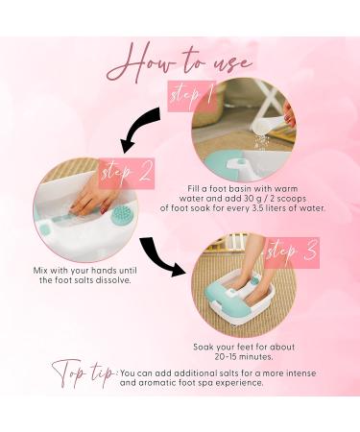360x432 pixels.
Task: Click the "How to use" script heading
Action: point(180,64)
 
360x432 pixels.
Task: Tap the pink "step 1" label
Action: point(191,95)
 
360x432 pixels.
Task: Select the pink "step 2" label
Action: point(127,173)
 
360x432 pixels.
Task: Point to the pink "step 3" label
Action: point(292,252)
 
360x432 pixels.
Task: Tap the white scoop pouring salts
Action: point(270,126)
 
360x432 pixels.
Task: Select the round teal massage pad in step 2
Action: point(120,214)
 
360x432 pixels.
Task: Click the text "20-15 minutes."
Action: point(244,357)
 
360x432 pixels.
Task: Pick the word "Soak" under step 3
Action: point(203,347)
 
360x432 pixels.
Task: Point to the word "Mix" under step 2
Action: point(40,271)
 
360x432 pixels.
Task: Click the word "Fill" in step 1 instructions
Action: point(193,189)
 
